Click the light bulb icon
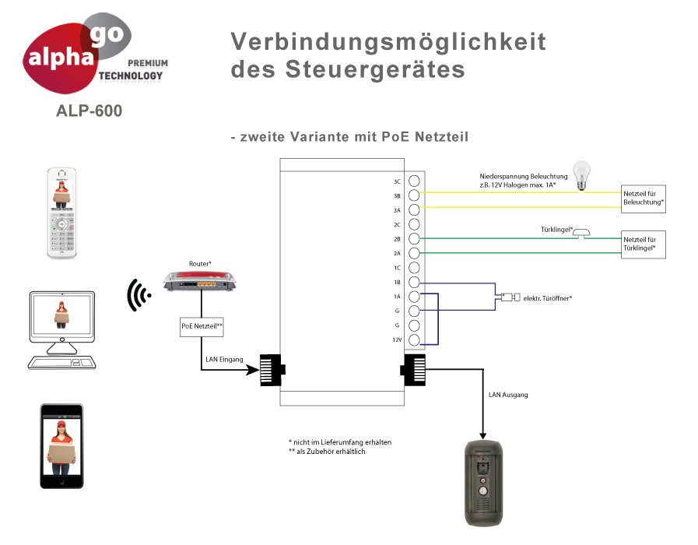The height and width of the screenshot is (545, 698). (x=580, y=175)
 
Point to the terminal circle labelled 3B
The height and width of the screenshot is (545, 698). (x=415, y=195)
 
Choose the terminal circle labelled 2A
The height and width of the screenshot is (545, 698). (x=415, y=253)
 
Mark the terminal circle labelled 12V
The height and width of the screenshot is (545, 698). (x=415, y=339)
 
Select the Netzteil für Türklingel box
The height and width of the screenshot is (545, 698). (x=644, y=244)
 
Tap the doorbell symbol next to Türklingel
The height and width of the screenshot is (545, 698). (x=585, y=234)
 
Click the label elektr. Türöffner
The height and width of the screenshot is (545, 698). (x=548, y=298)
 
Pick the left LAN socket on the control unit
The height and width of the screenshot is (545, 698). (x=272, y=368)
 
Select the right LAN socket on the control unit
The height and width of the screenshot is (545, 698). (x=413, y=368)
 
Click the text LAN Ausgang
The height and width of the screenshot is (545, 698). (x=508, y=396)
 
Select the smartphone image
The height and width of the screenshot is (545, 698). (x=61, y=445)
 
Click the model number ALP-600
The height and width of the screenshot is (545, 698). (x=89, y=111)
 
